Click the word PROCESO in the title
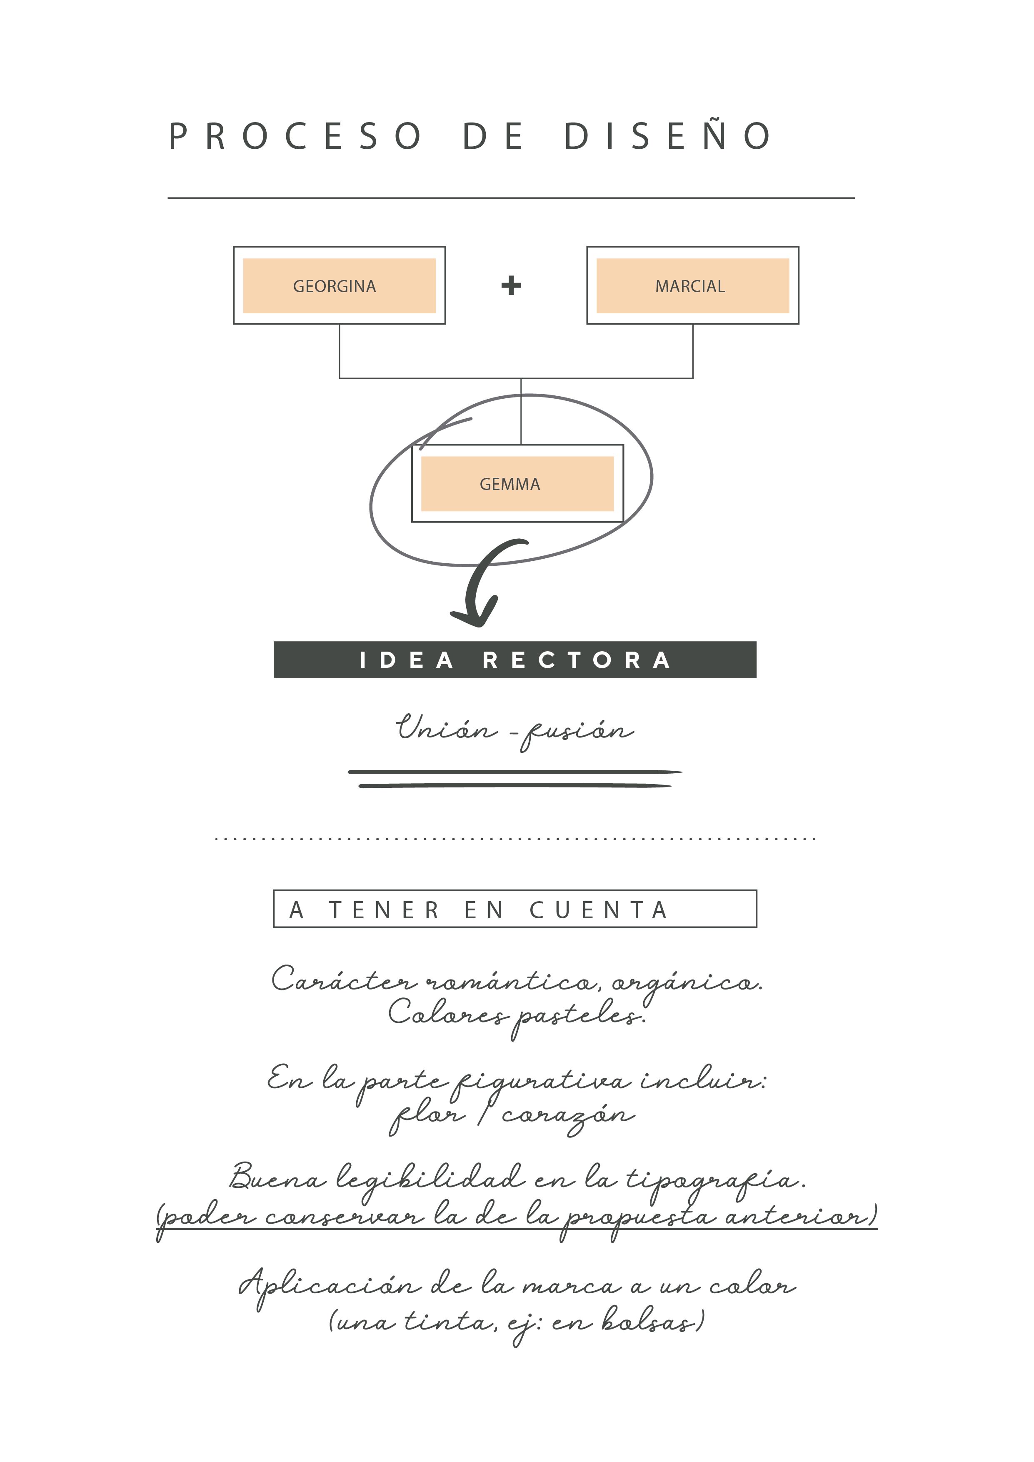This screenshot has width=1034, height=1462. [x=295, y=136]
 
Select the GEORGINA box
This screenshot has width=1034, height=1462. [x=340, y=285]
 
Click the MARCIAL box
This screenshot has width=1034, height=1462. [x=693, y=285]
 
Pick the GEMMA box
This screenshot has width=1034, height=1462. [x=518, y=483]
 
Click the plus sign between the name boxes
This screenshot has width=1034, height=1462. [x=511, y=285]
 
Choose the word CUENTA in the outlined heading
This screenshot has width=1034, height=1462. [x=599, y=910]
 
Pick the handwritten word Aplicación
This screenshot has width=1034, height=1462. [x=330, y=1286]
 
